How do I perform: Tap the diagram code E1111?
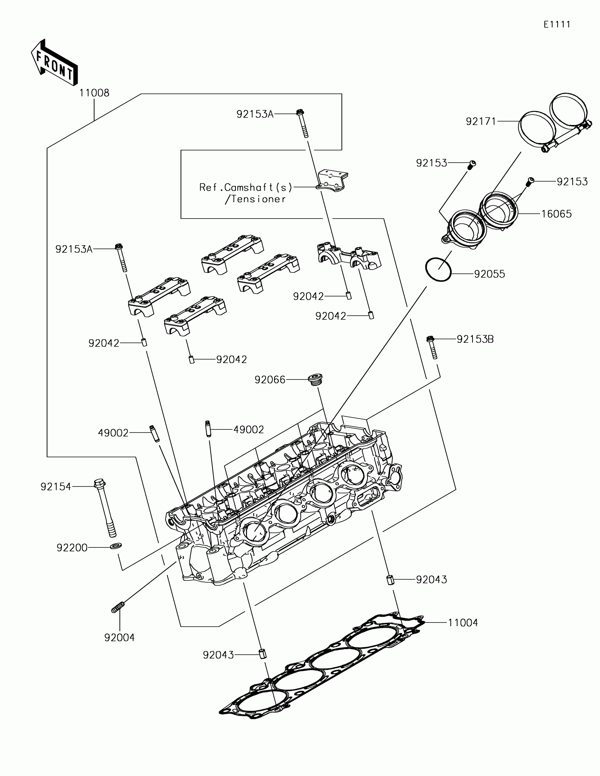click(557, 25)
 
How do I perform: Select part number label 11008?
click(94, 93)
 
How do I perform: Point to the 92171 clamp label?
click(481, 121)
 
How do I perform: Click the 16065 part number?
click(556, 214)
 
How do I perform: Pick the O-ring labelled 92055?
click(438, 269)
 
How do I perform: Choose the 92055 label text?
click(489, 274)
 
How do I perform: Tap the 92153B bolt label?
click(475, 339)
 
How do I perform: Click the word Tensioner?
click(259, 199)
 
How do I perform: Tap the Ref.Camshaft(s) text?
click(246, 187)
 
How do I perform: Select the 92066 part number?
click(270, 380)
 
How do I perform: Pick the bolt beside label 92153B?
click(432, 347)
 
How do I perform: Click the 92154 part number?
click(56, 487)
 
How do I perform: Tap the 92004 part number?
click(119, 637)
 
